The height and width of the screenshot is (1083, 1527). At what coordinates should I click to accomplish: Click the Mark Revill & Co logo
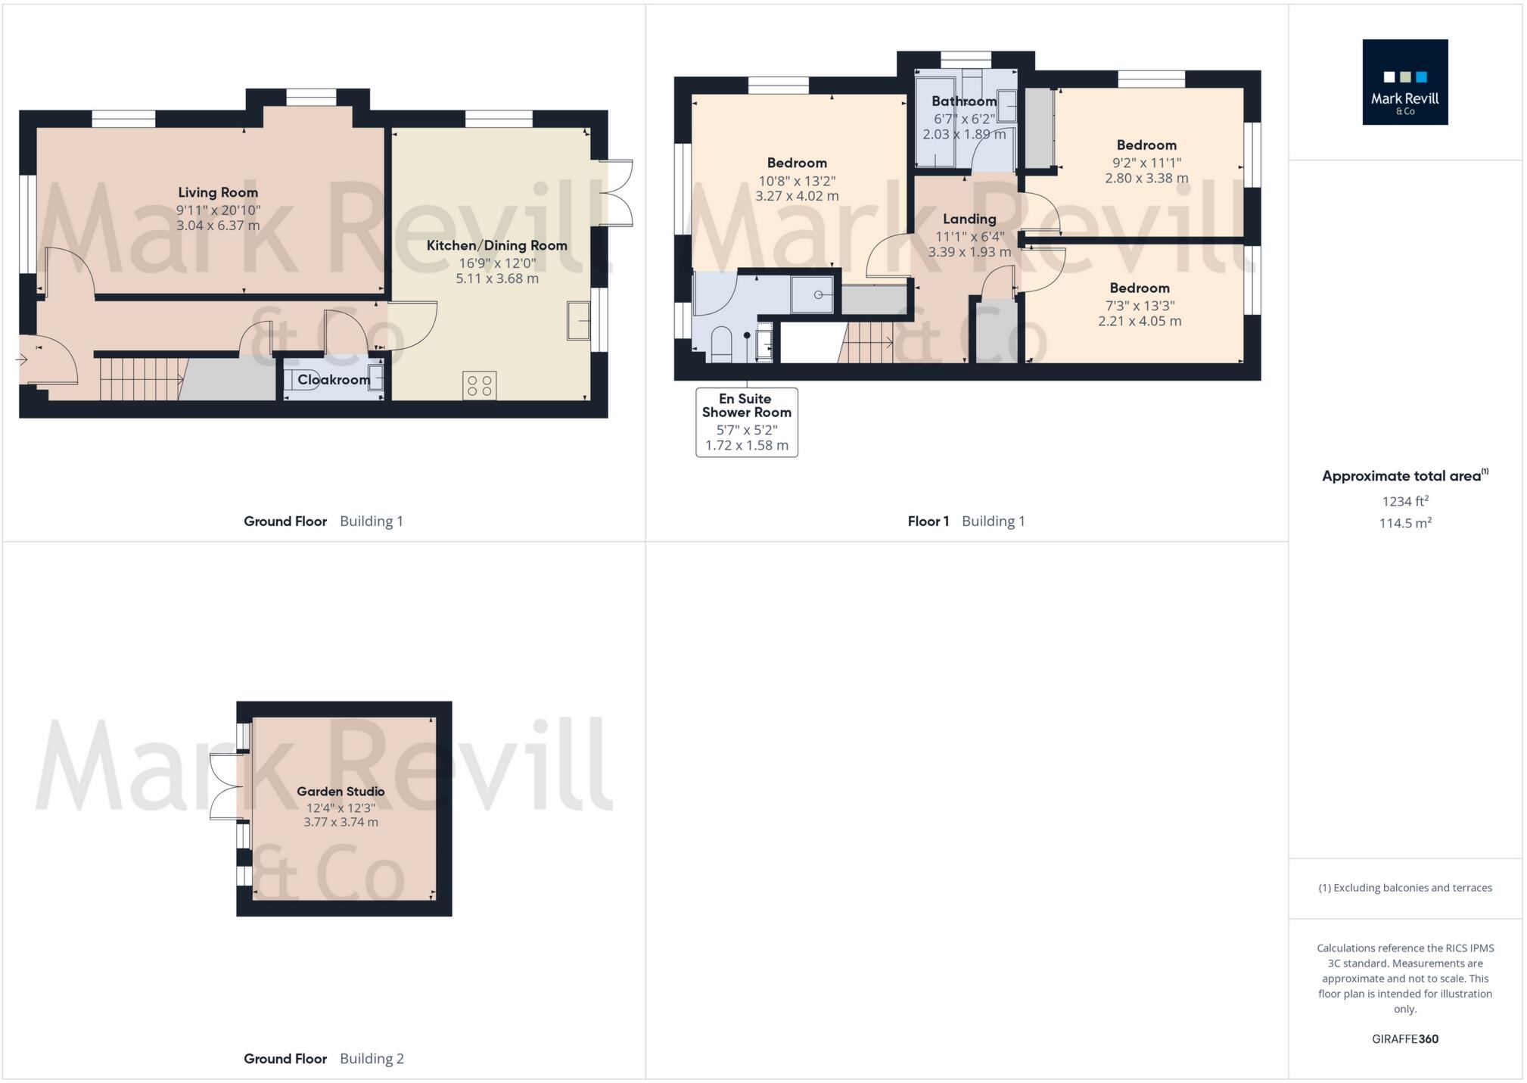pyautogui.click(x=1404, y=82)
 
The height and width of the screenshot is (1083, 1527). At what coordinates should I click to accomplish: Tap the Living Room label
pyautogui.click(x=218, y=192)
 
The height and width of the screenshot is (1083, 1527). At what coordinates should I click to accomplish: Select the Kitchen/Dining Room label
pyautogui.click(x=496, y=245)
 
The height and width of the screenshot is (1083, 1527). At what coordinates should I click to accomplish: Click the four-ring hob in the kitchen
pyautogui.click(x=480, y=385)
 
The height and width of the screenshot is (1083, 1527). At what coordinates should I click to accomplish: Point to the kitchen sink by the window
pyautogui.click(x=578, y=320)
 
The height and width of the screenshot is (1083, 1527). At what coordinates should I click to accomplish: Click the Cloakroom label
pyautogui.click(x=333, y=379)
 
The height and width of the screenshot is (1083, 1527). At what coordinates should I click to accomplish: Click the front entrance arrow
pyautogui.click(x=22, y=359)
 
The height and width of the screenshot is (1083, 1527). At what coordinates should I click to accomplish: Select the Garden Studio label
pyautogui.click(x=341, y=791)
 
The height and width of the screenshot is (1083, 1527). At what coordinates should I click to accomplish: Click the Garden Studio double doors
pyautogui.click(x=224, y=786)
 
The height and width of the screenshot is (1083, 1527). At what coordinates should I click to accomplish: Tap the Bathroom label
pyautogui.click(x=963, y=101)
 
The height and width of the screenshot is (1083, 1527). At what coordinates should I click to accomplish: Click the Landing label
pyautogui.click(x=969, y=219)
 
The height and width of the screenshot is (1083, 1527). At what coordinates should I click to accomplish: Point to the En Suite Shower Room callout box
pyautogui.click(x=746, y=422)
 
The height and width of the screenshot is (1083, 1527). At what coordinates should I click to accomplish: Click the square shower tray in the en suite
pyautogui.click(x=812, y=294)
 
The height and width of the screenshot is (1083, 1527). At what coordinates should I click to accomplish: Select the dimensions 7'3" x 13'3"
pyautogui.click(x=1139, y=306)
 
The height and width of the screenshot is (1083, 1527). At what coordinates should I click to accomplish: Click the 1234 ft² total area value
pyautogui.click(x=1404, y=501)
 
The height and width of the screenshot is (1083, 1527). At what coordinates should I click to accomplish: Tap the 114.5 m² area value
pyautogui.click(x=1404, y=523)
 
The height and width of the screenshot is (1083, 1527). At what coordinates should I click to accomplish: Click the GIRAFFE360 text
pyautogui.click(x=1404, y=1039)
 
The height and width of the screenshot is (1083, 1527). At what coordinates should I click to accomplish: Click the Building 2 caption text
pyautogui.click(x=372, y=1058)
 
